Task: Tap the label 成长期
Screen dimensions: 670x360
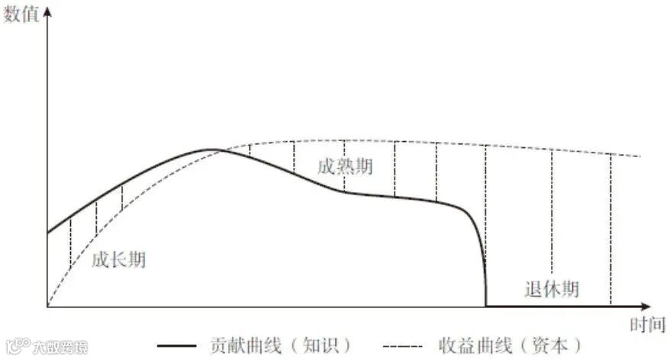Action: tap(118, 260)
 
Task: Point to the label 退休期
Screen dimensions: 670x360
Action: tap(552, 289)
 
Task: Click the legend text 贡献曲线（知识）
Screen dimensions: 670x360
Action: tap(282, 345)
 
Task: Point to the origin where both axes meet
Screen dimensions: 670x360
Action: tap(47, 307)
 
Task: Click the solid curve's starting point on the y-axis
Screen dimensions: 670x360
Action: tap(48, 232)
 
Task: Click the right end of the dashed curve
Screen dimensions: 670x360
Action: tap(639, 156)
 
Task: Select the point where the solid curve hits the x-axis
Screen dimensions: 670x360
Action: tap(486, 305)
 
